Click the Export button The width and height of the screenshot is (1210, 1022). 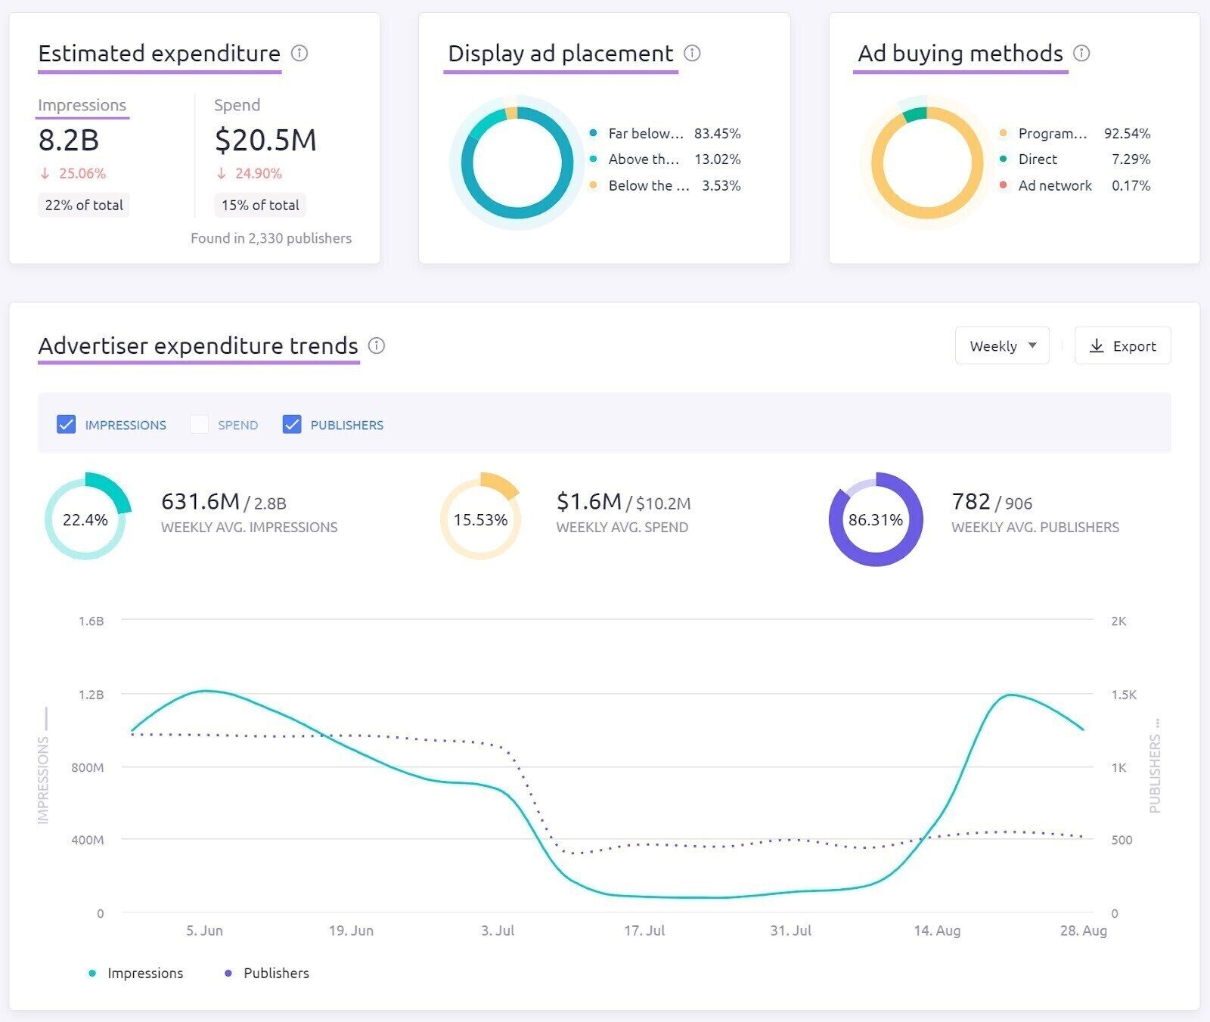click(x=1122, y=346)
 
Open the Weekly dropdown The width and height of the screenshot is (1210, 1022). click(x=1001, y=346)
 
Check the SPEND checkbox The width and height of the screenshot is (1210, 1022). click(x=199, y=425)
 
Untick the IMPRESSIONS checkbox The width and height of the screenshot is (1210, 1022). click(x=67, y=425)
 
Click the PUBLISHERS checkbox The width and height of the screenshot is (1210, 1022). click(x=292, y=425)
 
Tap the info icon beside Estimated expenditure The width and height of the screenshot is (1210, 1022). click(x=299, y=54)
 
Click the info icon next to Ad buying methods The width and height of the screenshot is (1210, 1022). click(x=1081, y=54)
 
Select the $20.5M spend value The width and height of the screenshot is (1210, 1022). click(x=265, y=141)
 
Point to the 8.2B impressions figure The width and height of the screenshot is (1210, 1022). click(x=69, y=141)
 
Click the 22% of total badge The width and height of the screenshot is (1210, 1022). click(x=84, y=205)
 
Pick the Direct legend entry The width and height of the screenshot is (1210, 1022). click(x=1038, y=159)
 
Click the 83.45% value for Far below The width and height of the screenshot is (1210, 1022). click(x=717, y=134)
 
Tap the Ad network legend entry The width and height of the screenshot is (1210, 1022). click(x=1054, y=186)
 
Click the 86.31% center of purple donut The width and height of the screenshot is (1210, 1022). click(x=876, y=520)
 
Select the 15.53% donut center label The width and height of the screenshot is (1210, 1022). click(x=480, y=520)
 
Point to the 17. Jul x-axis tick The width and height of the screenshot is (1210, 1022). click(x=644, y=931)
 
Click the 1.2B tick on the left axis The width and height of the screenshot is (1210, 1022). click(x=91, y=695)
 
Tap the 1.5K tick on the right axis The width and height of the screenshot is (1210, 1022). click(x=1124, y=695)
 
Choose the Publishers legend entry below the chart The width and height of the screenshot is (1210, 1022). click(x=275, y=974)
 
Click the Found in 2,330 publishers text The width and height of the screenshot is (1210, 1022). click(x=271, y=239)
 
